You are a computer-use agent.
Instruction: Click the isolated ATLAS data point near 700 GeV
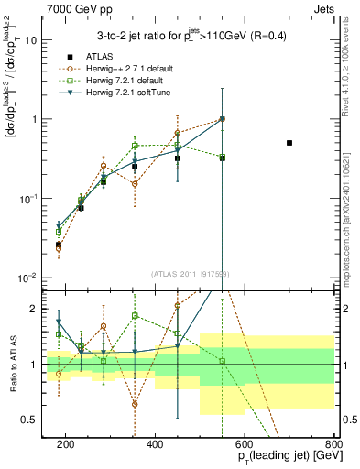pos(289,143)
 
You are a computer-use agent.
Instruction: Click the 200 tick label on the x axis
pos(66,444)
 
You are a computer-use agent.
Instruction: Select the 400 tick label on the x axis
pos(155,444)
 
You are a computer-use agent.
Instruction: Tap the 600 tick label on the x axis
pos(245,444)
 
